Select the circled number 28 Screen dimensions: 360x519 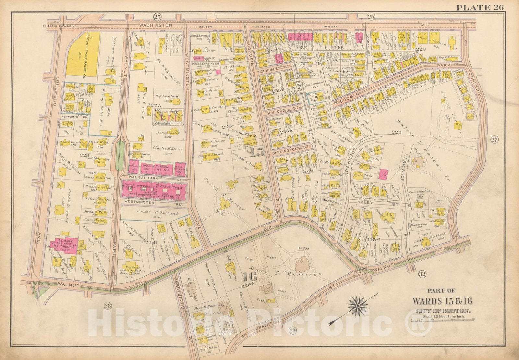[108, 305]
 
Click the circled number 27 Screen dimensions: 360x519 [494, 140]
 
